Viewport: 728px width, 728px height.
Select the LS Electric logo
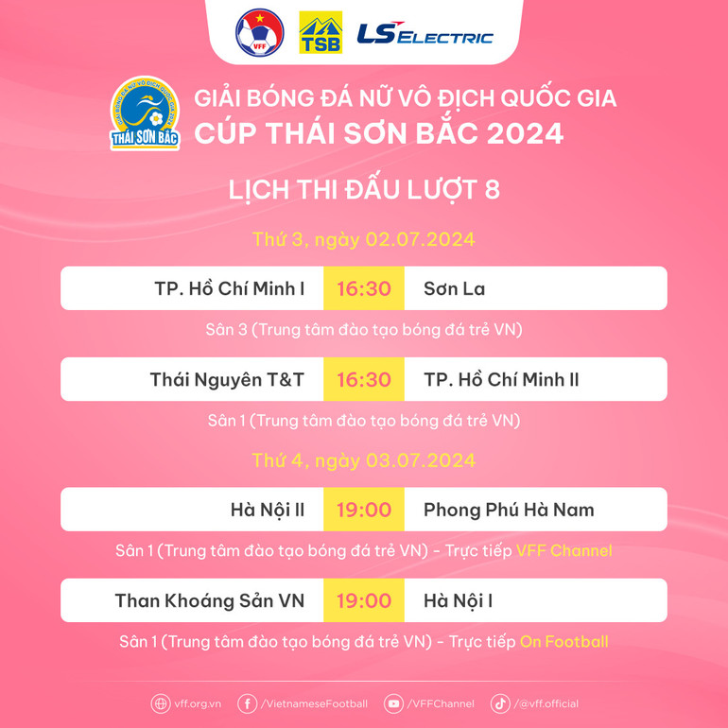[425, 35]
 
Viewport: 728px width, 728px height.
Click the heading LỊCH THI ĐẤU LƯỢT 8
[364, 190]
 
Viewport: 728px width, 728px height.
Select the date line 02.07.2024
[364, 239]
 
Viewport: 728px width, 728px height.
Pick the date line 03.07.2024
[364, 461]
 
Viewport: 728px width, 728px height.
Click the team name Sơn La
[454, 288]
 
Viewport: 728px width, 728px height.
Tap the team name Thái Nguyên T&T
[227, 379]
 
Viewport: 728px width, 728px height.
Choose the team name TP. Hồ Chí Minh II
[501, 379]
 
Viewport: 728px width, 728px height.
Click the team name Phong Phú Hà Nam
[509, 510]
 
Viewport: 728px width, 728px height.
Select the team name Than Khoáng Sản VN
[209, 600]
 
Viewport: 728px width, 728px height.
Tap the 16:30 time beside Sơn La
[363, 288]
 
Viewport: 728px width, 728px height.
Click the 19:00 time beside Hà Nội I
[363, 600]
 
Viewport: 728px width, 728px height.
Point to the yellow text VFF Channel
[563, 550]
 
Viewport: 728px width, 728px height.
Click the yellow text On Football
[563, 642]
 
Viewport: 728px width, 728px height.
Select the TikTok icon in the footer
[500, 703]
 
